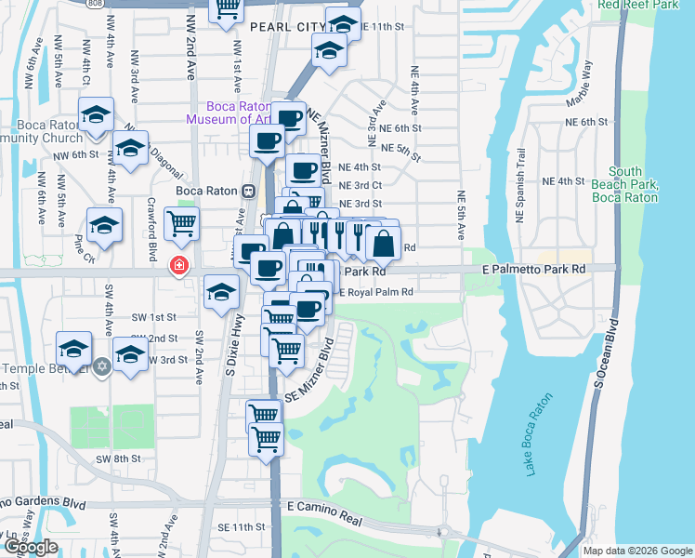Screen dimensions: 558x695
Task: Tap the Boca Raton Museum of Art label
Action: coord(228,113)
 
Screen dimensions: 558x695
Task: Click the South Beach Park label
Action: coord(634,184)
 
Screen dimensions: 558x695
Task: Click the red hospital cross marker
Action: coord(177,267)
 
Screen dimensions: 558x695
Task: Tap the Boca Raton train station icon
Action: coord(248,191)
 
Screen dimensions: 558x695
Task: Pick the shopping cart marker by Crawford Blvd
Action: coord(181,223)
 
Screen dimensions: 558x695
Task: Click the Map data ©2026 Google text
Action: coord(637,551)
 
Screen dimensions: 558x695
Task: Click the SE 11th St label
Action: coord(242,527)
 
